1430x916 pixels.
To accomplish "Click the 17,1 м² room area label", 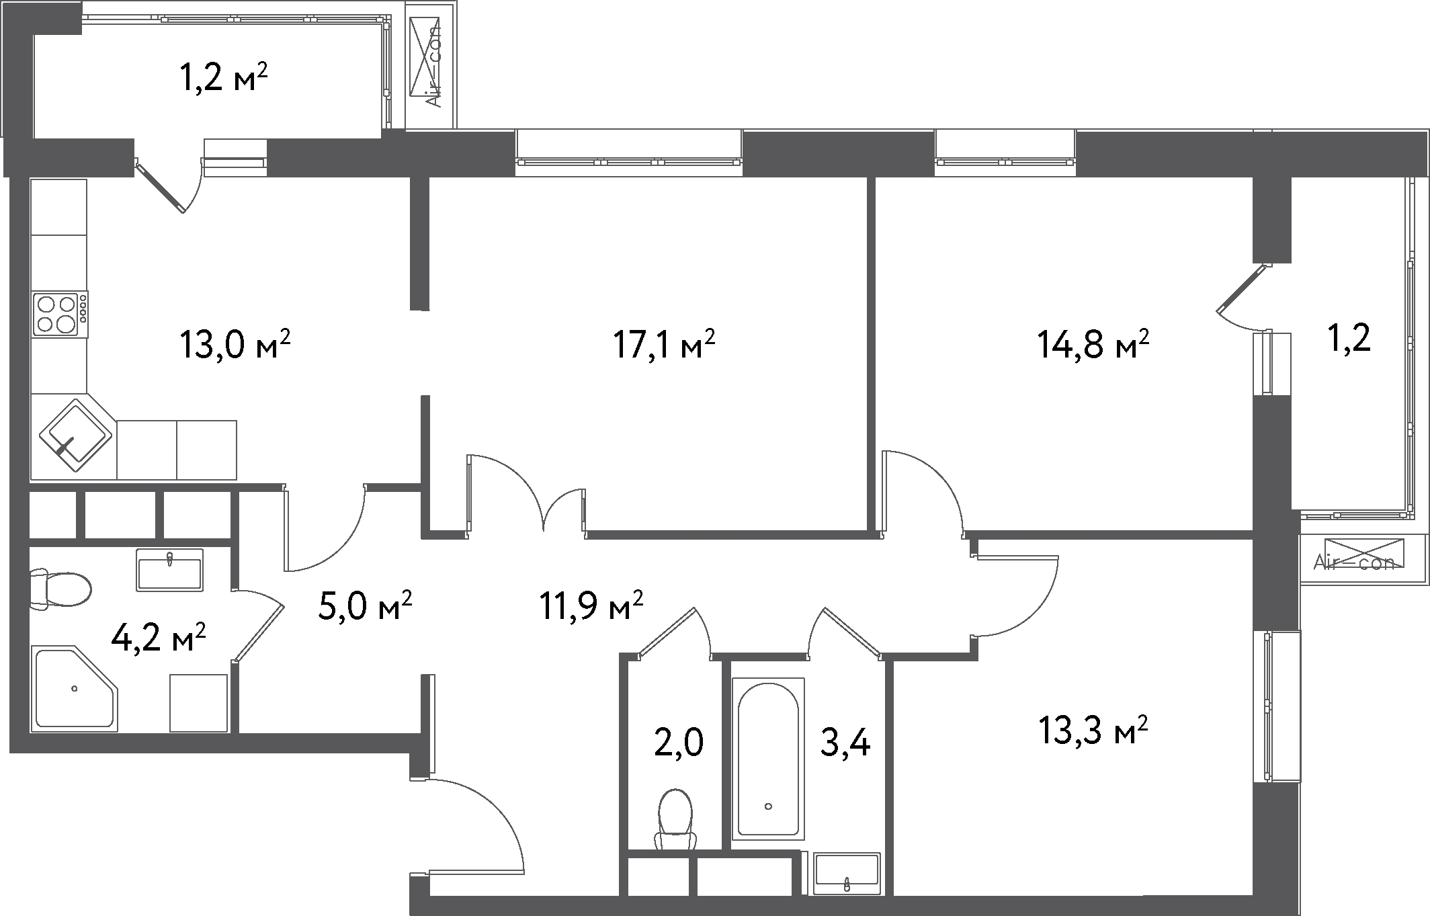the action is tap(663, 345).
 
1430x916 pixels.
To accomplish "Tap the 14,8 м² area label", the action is tap(1093, 345).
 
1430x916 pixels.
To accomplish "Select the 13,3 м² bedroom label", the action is tap(1093, 731).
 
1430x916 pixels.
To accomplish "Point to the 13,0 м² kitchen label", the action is tap(235, 345).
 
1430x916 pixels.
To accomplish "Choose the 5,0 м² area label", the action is tap(364, 606).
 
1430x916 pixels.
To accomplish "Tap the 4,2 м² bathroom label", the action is tap(158, 638).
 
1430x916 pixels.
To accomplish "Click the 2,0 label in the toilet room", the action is tap(679, 743).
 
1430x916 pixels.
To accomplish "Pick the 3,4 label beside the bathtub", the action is tap(845, 743).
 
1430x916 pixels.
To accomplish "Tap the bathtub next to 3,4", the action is tap(768, 759).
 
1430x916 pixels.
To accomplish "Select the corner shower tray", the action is tap(74, 689).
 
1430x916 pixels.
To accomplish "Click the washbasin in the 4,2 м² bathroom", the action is tap(169, 569).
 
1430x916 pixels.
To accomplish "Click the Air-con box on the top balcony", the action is tap(431, 65).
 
